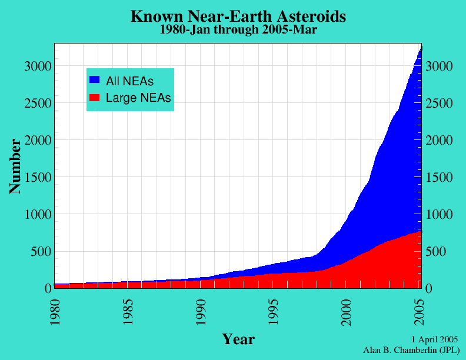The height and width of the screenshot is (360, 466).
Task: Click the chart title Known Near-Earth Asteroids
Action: click(238, 16)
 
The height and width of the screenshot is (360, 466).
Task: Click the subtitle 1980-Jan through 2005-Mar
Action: click(238, 29)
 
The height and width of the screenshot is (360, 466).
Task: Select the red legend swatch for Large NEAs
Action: click(94, 97)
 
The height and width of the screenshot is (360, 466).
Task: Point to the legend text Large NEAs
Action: click(138, 98)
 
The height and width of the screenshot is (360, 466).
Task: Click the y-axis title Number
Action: click(15, 166)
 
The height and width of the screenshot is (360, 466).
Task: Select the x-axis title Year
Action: click(238, 339)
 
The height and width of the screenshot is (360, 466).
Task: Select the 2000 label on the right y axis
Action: click(439, 141)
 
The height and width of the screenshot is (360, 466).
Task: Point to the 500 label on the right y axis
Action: click(436, 252)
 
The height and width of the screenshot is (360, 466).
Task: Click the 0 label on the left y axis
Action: click(48, 289)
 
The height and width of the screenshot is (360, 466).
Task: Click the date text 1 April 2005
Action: click(435, 340)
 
